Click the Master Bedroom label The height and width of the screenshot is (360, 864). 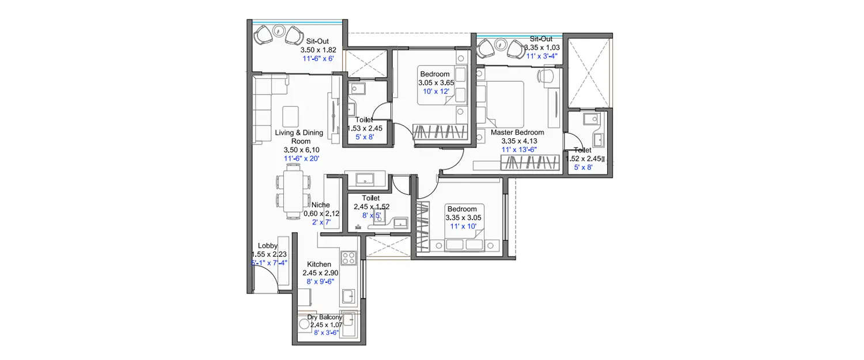517,132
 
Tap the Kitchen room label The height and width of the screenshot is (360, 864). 319,264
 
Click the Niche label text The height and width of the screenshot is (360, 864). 320,204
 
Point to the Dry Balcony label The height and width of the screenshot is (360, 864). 324,317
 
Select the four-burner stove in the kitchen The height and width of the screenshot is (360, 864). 348,257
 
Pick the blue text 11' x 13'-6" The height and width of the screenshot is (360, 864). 517,150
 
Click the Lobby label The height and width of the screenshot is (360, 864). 268,246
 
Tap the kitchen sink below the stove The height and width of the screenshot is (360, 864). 348,297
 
